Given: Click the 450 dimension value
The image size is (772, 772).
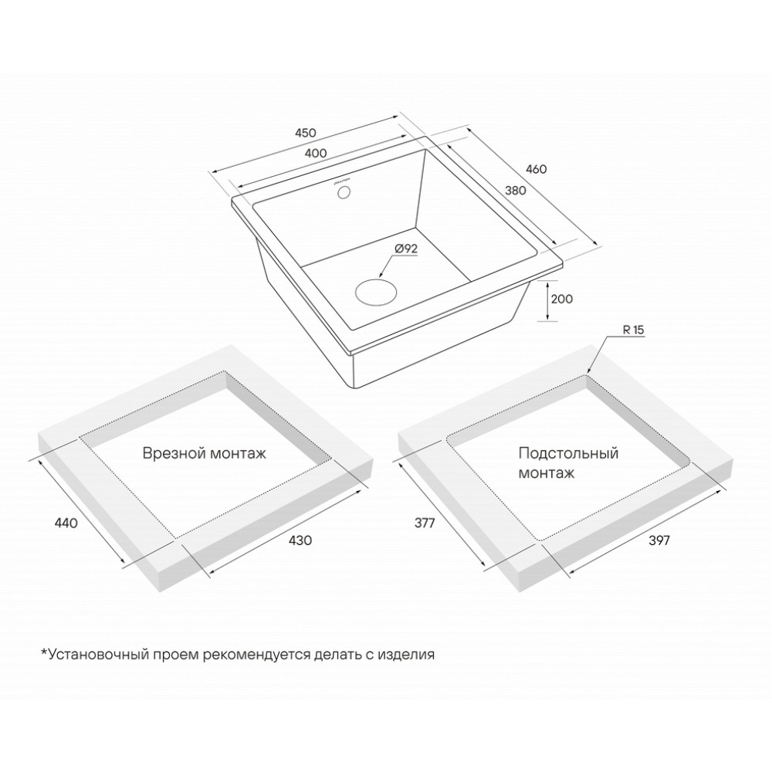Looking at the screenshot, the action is click(x=305, y=133).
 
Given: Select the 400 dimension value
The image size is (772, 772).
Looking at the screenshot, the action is click(x=316, y=153).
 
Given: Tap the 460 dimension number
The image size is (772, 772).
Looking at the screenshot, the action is click(x=537, y=169).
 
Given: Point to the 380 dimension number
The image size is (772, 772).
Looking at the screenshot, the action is click(x=516, y=190).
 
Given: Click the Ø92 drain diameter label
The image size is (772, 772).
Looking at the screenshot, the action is click(x=406, y=249).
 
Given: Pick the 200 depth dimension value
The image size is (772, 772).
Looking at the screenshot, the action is click(x=562, y=299).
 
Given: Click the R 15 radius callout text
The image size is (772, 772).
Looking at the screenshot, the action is click(x=634, y=330).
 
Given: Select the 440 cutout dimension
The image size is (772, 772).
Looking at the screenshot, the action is click(x=66, y=523).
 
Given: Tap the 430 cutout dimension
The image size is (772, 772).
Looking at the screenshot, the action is click(x=300, y=540).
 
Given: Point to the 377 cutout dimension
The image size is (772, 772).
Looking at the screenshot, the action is click(x=425, y=523).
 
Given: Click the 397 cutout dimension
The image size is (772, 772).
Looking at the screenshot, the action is click(x=659, y=540).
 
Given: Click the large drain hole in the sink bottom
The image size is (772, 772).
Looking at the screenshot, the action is click(x=376, y=293).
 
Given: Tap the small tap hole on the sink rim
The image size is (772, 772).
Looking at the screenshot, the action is click(x=344, y=192).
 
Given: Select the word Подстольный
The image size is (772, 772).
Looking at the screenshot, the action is click(x=569, y=453).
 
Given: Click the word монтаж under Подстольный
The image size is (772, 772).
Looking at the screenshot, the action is click(x=547, y=474).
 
